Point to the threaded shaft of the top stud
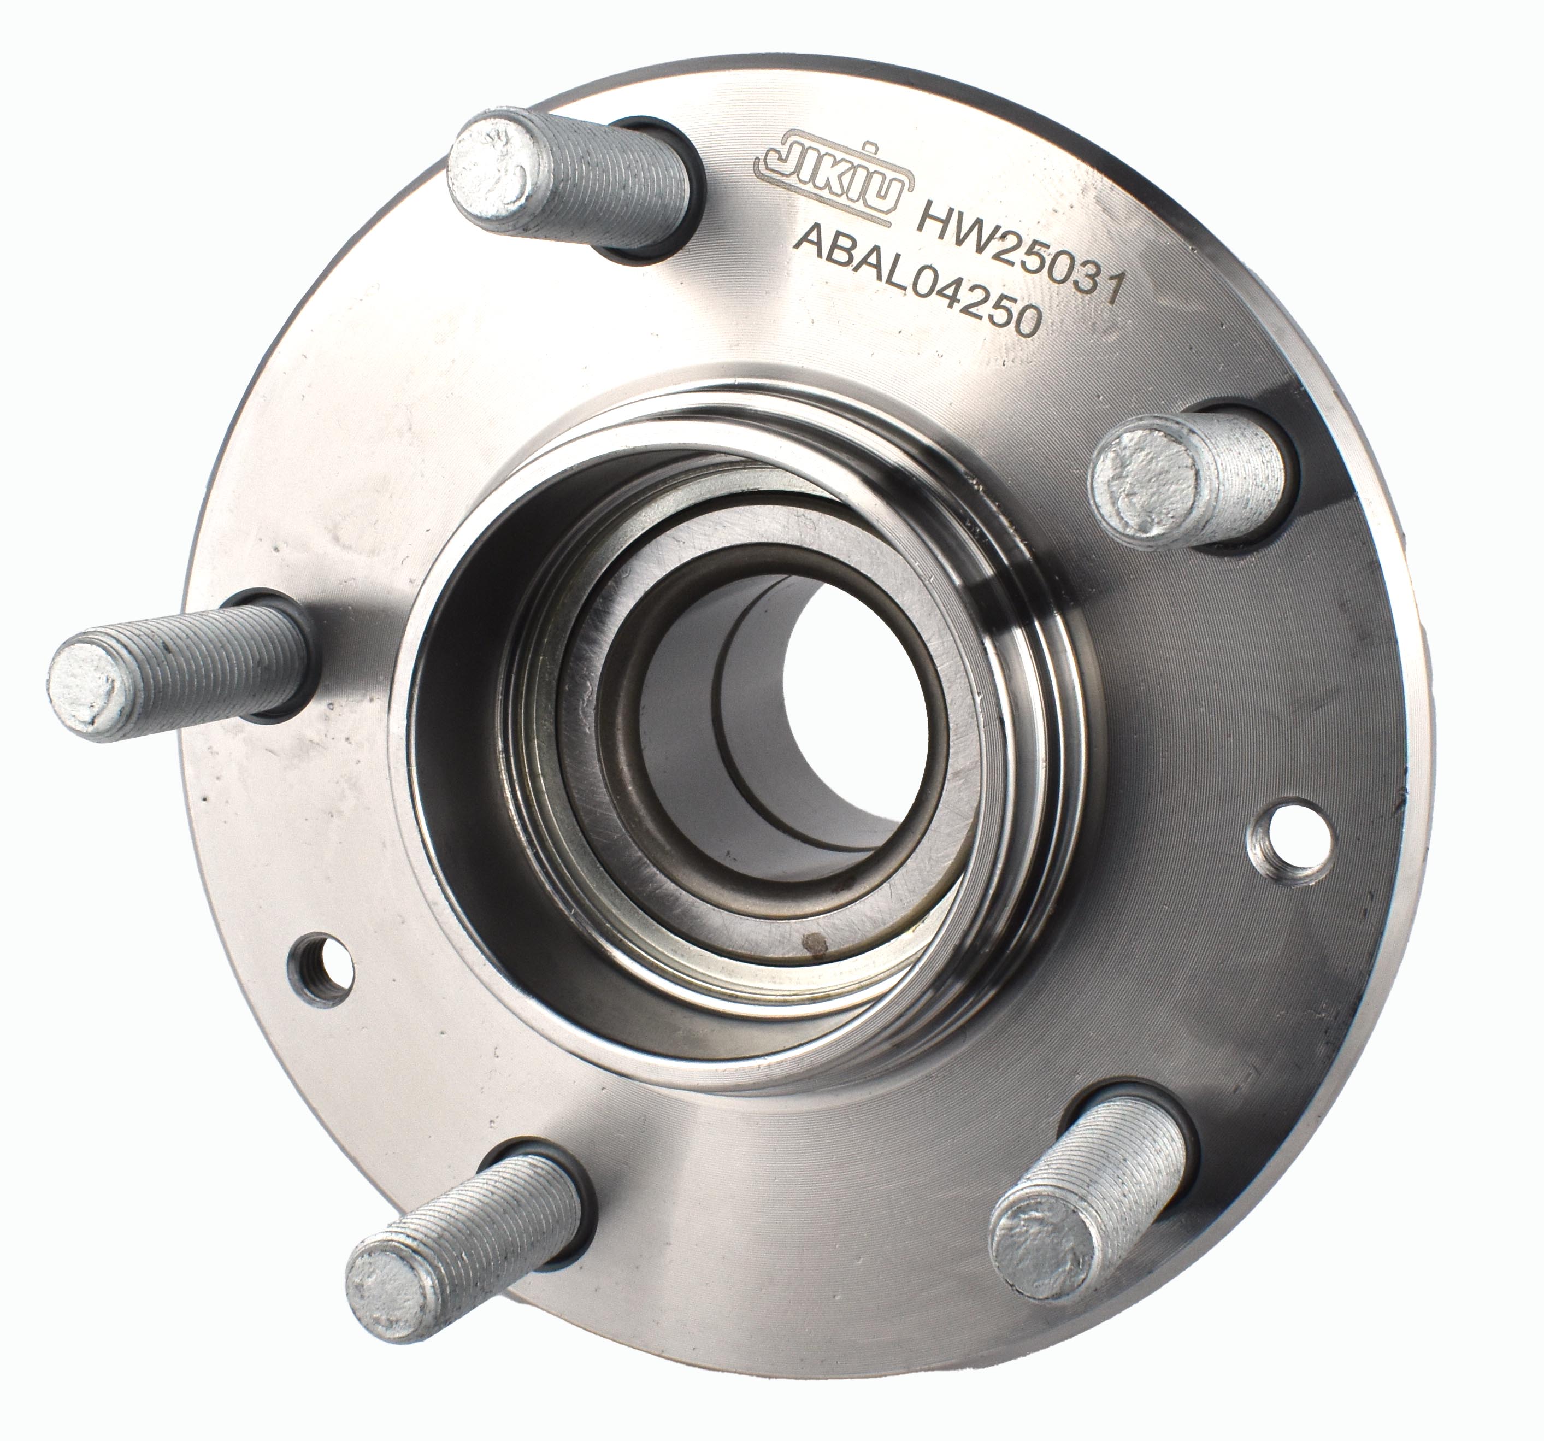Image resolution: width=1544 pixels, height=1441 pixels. point(614,190)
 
